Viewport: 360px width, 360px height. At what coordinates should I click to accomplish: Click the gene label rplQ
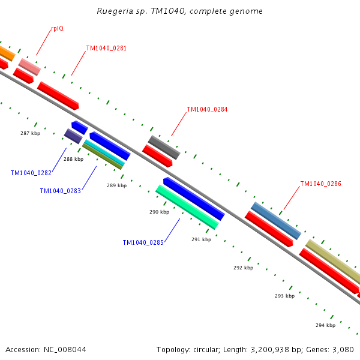click(x=57, y=28)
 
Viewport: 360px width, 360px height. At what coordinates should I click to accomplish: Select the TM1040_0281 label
click(x=106, y=48)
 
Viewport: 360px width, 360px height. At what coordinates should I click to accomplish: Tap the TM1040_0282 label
click(x=31, y=173)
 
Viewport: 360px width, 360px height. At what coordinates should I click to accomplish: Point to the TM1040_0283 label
click(x=60, y=191)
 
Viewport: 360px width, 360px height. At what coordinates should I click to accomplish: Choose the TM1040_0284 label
click(x=207, y=110)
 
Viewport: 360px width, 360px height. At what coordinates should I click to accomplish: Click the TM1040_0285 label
click(x=143, y=242)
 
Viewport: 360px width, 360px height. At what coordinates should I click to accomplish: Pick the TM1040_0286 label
click(x=320, y=184)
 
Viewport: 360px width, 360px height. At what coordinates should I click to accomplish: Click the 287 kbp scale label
click(x=30, y=133)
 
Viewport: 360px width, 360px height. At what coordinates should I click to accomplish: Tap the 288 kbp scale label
click(x=73, y=159)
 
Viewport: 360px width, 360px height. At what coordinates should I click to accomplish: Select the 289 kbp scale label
click(x=116, y=185)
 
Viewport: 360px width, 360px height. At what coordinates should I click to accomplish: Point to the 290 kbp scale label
click(x=159, y=212)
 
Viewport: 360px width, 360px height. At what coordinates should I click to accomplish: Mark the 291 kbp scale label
click(x=201, y=239)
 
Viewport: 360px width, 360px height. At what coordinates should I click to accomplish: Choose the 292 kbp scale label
click(x=243, y=268)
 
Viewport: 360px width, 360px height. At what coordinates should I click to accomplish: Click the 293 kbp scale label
click(x=284, y=296)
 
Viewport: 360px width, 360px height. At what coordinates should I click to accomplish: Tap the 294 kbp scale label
click(x=325, y=325)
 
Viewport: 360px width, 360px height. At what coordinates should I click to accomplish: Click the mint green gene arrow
click(x=187, y=207)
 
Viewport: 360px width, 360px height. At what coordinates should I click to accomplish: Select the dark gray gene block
click(x=164, y=147)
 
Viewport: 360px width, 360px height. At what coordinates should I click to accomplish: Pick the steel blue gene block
click(x=275, y=220)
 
